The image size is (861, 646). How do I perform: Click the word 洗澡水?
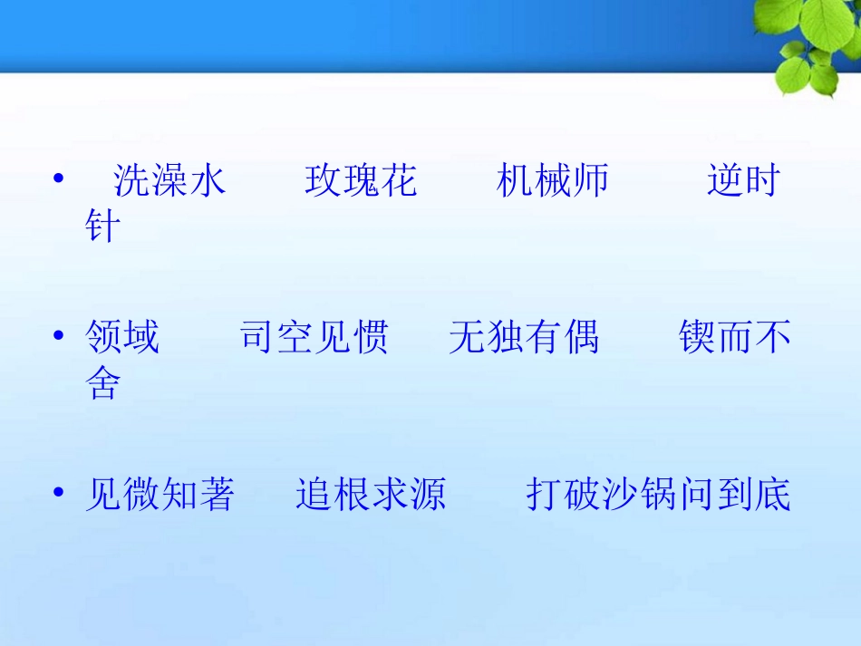point(169,181)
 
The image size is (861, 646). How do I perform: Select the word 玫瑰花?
point(361,181)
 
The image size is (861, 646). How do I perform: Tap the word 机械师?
point(553,181)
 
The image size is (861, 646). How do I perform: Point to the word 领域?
point(122,338)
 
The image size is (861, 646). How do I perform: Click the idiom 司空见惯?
point(314,338)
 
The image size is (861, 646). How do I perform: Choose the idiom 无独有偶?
point(524,338)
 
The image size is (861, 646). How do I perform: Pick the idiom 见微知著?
point(160,495)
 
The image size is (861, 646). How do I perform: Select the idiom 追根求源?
point(371,495)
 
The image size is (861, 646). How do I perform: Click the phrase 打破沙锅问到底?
point(658,495)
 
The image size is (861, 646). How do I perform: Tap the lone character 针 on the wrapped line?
point(102,227)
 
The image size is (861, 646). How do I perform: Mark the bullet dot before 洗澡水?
point(59,179)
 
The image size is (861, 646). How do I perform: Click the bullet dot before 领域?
point(59,336)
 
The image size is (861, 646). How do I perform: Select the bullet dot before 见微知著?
point(59,493)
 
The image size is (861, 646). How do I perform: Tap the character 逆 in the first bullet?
point(725,181)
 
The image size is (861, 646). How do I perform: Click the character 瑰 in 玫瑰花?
point(361,181)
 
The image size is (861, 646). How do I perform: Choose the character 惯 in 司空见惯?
point(370,338)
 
